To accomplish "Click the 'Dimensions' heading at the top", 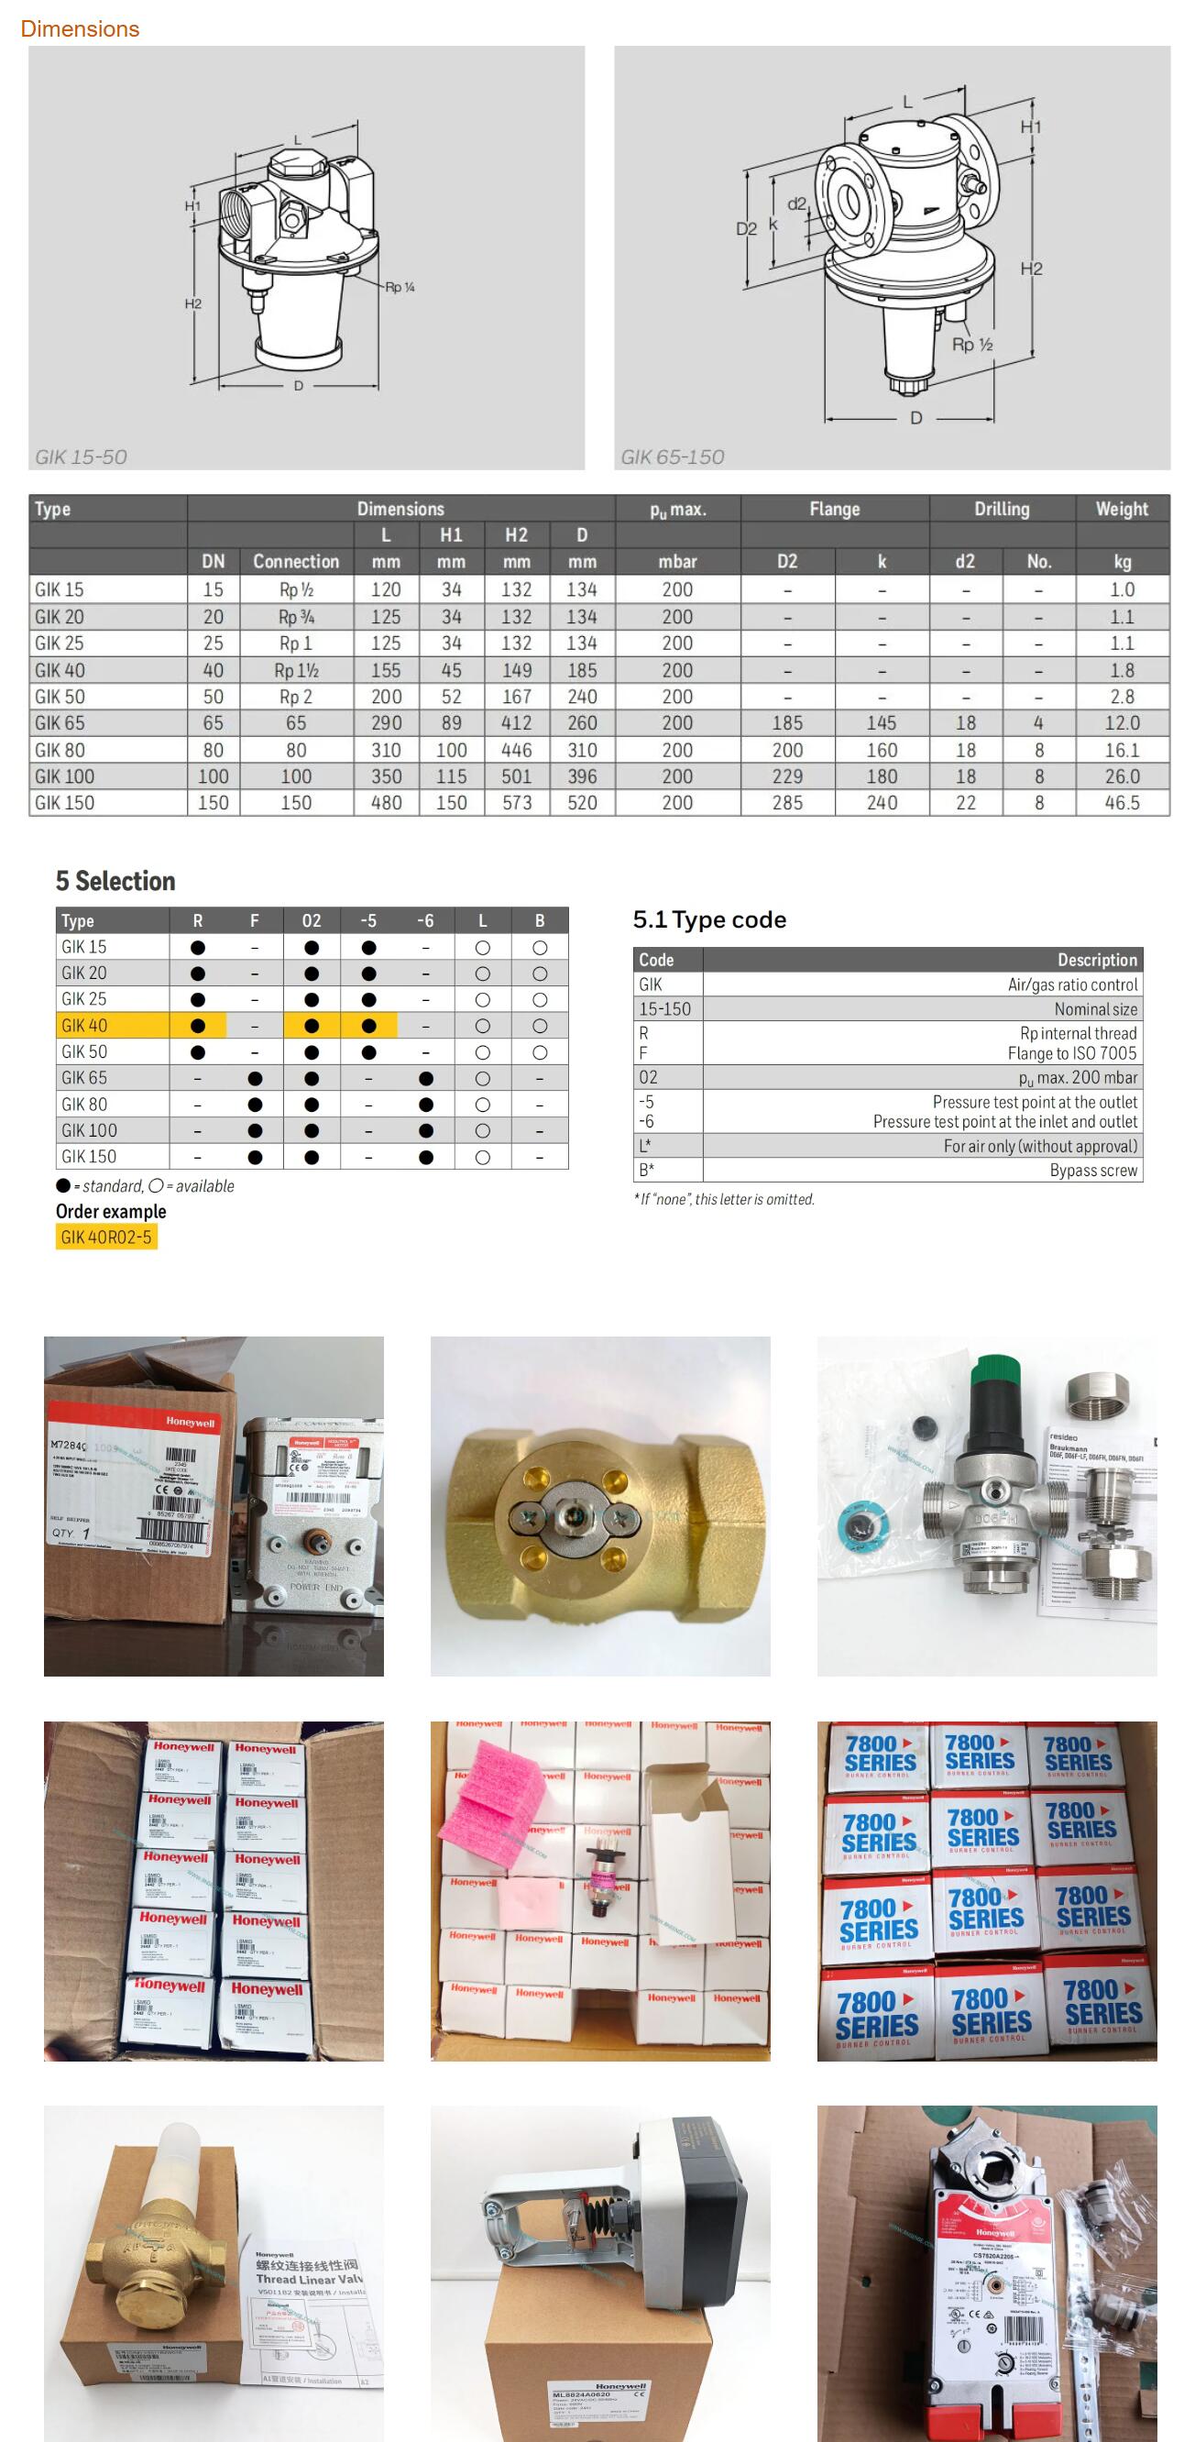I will pyautogui.click(x=80, y=29).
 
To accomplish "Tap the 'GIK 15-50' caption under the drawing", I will pyautogui.click(x=81, y=456).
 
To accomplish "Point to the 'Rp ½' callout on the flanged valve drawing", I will pyautogui.click(x=971, y=344).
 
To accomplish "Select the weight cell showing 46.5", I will pyautogui.click(x=1122, y=803).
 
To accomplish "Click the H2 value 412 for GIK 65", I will pyautogui.click(x=516, y=723).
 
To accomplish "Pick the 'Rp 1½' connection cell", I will pyautogui.click(x=296, y=670).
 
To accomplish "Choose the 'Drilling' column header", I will pyautogui.click(x=1001, y=509).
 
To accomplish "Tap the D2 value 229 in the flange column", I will pyautogui.click(x=787, y=776).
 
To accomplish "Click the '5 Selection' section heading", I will pyautogui.click(x=115, y=881).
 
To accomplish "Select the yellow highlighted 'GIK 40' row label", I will pyautogui.click(x=84, y=1026).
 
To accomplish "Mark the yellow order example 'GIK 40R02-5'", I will pyautogui.click(x=106, y=1237).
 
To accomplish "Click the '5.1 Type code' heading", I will pyautogui.click(x=709, y=919).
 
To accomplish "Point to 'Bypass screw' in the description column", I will pyautogui.click(x=1093, y=1171).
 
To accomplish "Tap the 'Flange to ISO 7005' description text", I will pyautogui.click(x=1071, y=1053).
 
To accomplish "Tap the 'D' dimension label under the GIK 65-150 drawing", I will pyautogui.click(x=915, y=418).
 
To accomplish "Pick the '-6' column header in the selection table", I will pyautogui.click(x=425, y=920).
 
